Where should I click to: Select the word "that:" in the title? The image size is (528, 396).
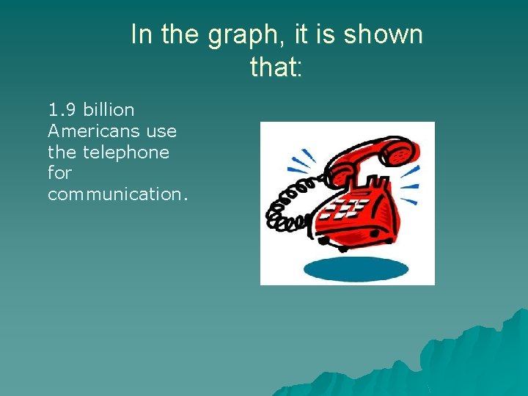point(276,67)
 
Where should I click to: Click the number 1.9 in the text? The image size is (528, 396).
point(62,110)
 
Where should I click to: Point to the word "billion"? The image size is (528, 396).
point(109,110)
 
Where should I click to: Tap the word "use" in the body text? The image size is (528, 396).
point(161,131)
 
